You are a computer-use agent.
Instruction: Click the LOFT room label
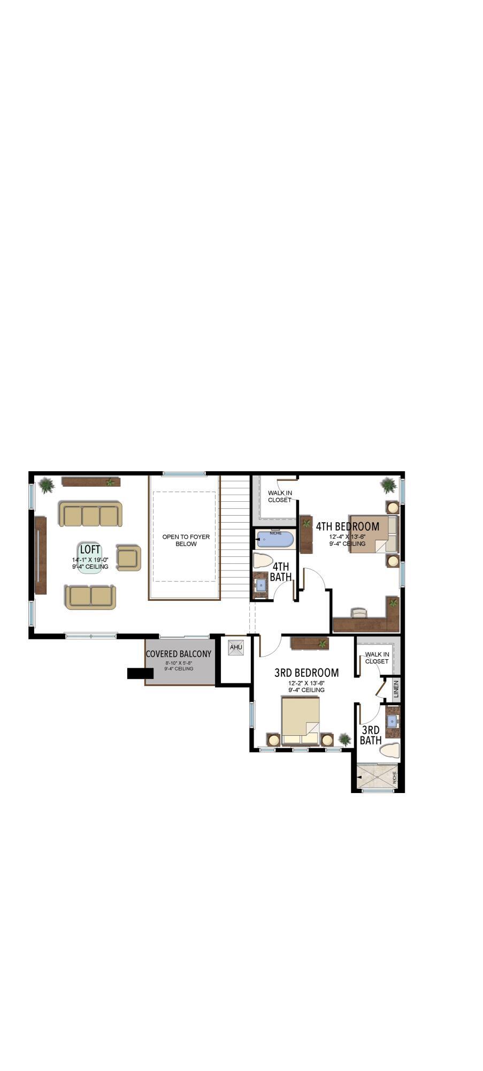(90, 550)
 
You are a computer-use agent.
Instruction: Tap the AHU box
(236, 647)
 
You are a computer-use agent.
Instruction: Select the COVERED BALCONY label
(179, 654)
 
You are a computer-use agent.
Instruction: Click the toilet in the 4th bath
(263, 561)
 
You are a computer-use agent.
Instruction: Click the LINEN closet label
(396, 689)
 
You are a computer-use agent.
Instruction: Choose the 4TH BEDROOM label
(347, 526)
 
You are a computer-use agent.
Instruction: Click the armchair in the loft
(128, 558)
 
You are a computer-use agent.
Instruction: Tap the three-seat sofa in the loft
(90, 515)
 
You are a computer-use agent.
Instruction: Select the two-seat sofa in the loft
(90, 597)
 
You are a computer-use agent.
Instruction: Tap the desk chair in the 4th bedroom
(359, 613)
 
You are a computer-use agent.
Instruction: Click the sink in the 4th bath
(261, 584)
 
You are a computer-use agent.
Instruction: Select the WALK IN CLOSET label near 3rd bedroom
(377, 658)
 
